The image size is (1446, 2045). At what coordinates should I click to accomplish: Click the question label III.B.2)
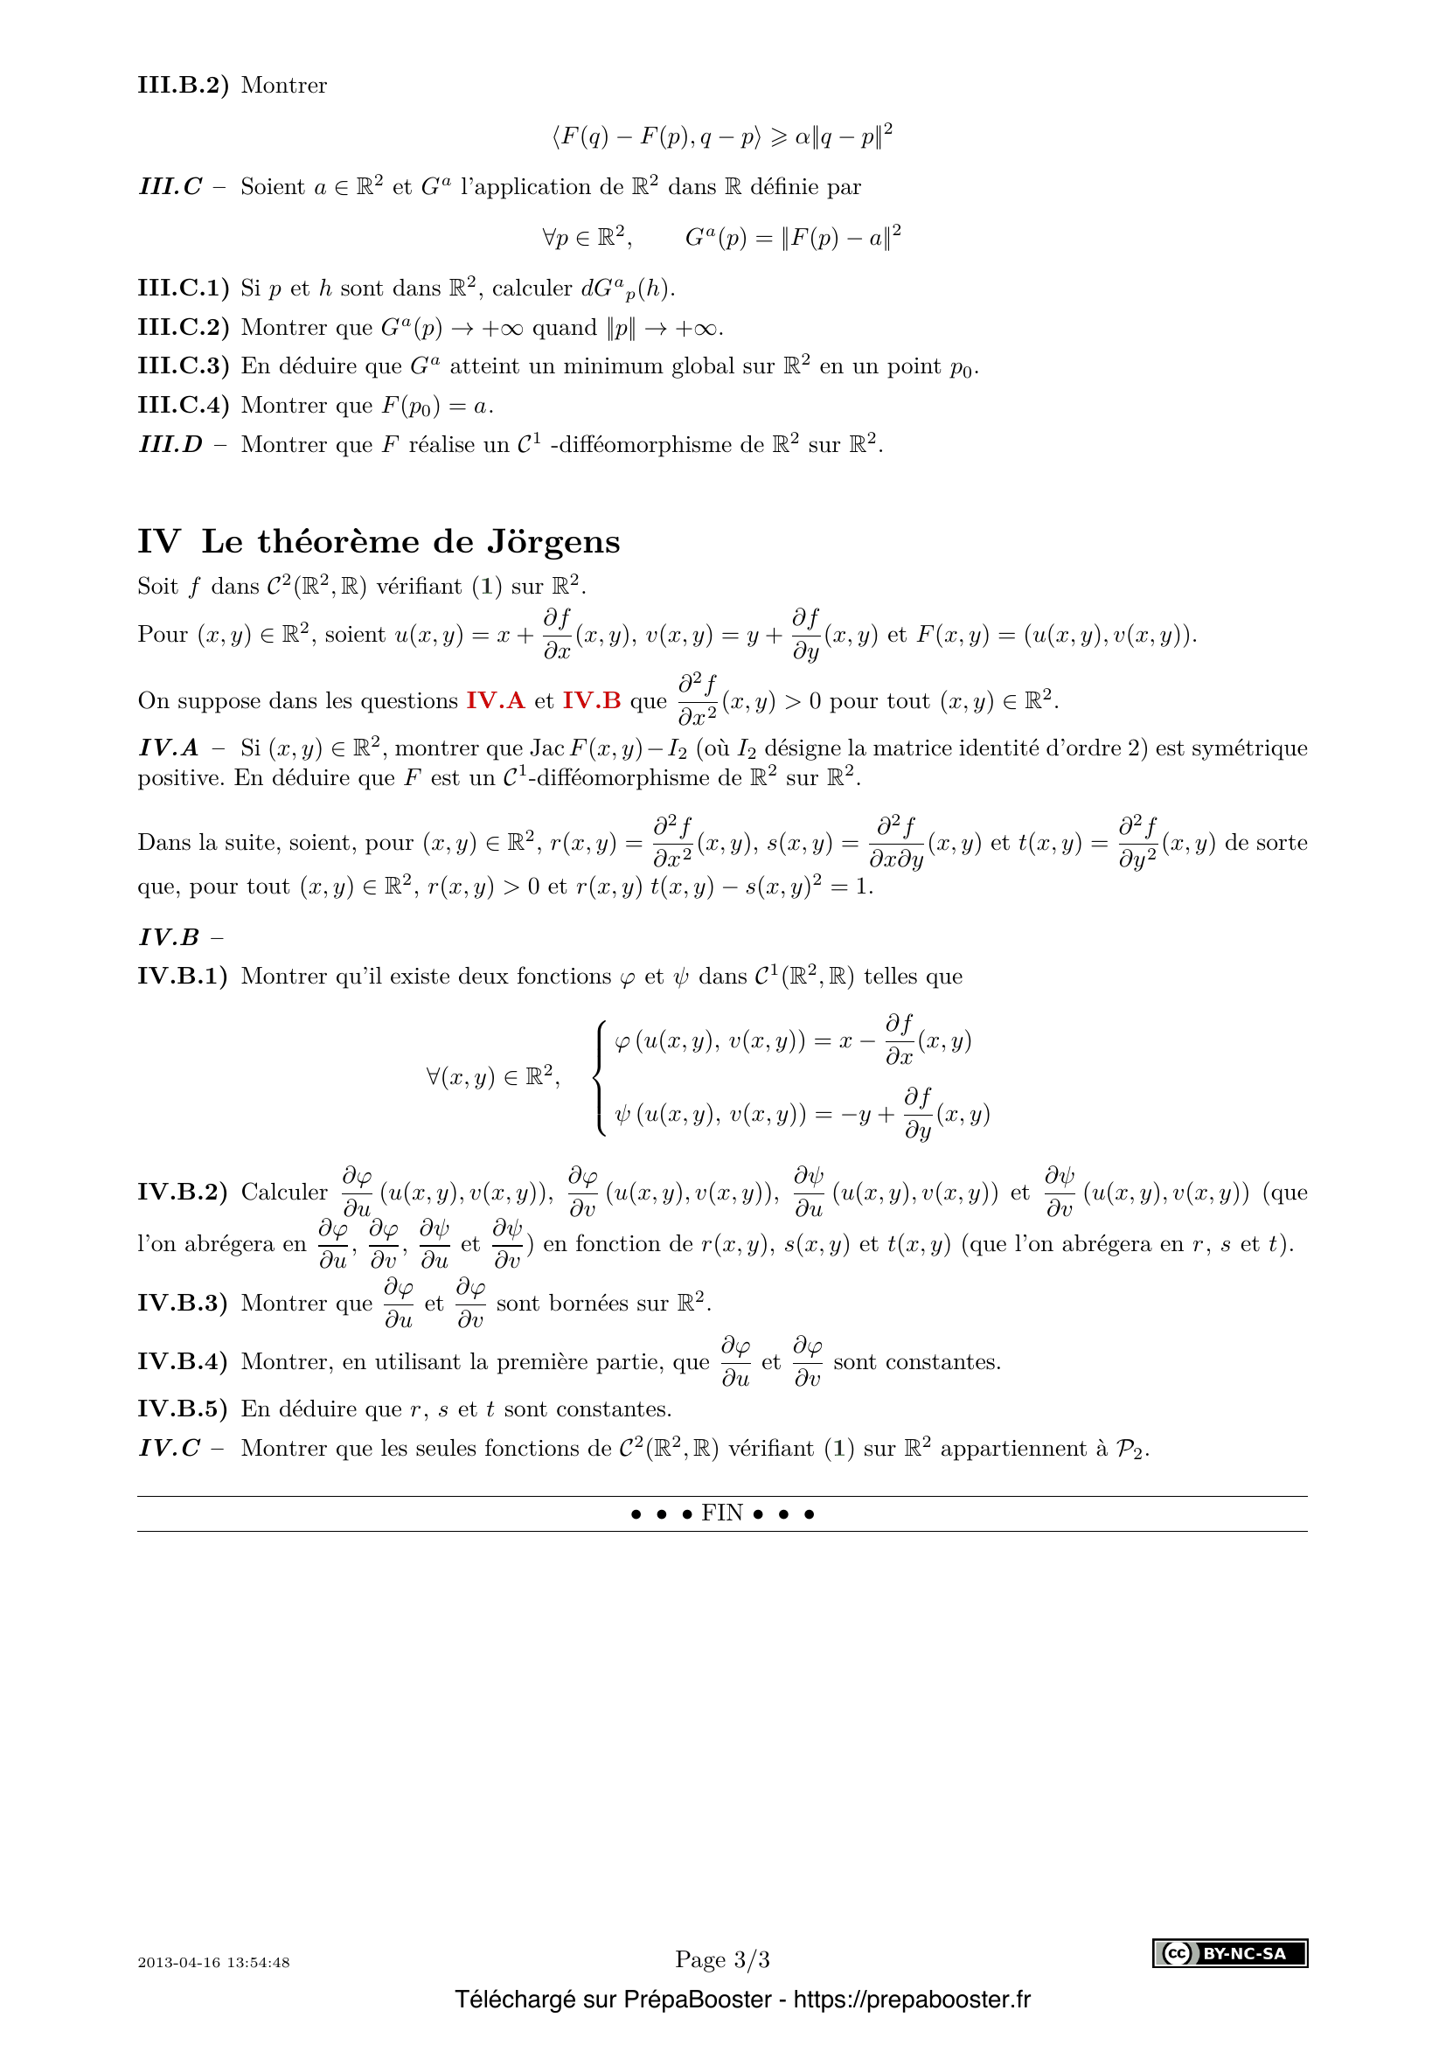[x=183, y=86]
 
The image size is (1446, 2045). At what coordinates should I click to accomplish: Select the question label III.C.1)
[x=183, y=289]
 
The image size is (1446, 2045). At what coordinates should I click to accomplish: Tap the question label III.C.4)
[x=183, y=406]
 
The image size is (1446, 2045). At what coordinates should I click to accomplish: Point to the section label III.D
[x=170, y=444]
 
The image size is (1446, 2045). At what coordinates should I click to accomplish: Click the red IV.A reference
[x=495, y=701]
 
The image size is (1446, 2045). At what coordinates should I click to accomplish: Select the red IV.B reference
[x=591, y=701]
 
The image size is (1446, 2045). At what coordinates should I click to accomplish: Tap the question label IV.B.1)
[x=183, y=977]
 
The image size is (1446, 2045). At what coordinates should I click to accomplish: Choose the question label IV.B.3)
[x=183, y=1303]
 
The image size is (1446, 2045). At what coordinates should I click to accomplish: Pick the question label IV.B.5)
[x=183, y=1409]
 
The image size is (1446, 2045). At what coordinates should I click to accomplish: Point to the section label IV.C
[x=170, y=1448]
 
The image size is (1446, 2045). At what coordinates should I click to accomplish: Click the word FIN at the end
[x=722, y=1513]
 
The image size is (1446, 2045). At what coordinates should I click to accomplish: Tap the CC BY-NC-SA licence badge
[x=1230, y=1953]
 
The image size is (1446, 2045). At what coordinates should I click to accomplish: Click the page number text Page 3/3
[x=722, y=1959]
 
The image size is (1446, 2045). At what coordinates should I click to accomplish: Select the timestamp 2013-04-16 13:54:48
[x=213, y=1962]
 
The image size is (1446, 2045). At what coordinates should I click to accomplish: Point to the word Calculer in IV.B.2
[x=284, y=1193]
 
